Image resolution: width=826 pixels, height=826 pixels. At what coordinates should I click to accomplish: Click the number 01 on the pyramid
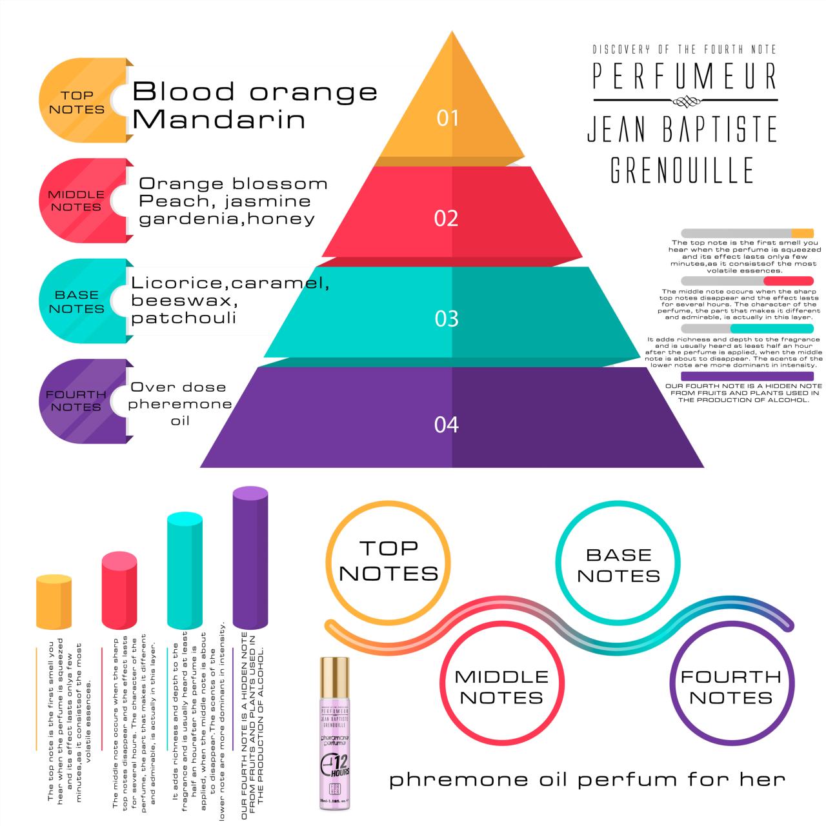pyautogui.click(x=447, y=118)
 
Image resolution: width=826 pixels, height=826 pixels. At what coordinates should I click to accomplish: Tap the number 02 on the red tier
pyautogui.click(x=446, y=218)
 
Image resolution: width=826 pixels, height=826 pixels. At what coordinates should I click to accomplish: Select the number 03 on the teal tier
pyautogui.click(x=447, y=319)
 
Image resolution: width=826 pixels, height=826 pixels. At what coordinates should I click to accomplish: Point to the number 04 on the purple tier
pyautogui.click(x=446, y=425)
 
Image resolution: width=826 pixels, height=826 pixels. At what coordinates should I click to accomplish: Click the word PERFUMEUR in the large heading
pyautogui.click(x=685, y=76)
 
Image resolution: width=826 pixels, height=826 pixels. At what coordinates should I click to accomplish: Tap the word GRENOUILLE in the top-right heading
pyautogui.click(x=682, y=169)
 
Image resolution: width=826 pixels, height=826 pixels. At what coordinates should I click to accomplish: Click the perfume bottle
pyautogui.click(x=334, y=736)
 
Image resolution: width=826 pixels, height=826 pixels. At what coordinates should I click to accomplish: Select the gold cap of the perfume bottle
pyautogui.click(x=334, y=674)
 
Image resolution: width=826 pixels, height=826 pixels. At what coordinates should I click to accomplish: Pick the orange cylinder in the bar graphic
pyautogui.click(x=54, y=601)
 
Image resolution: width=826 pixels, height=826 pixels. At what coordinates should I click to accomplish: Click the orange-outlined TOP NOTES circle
pyautogui.click(x=388, y=561)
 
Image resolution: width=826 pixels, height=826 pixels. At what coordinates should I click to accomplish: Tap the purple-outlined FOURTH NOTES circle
pyautogui.click(x=730, y=687)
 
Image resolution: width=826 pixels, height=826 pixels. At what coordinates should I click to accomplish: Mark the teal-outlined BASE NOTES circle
pyautogui.click(x=618, y=565)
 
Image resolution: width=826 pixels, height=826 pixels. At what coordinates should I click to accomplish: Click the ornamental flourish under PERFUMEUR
pyautogui.click(x=685, y=101)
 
